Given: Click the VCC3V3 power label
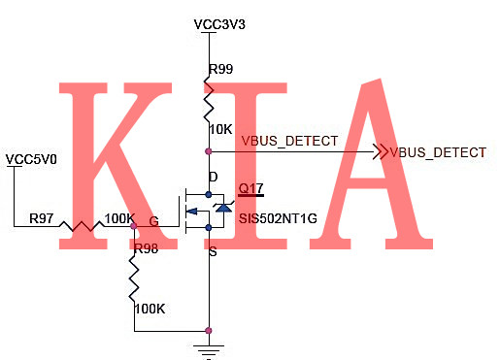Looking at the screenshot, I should pyautogui.click(x=220, y=23).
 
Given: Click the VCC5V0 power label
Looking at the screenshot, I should pyautogui.click(x=31, y=159).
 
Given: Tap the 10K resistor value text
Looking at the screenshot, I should pyautogui.click(x=220, y=129).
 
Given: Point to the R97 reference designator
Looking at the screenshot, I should pyautogui.click(x=42, y=218).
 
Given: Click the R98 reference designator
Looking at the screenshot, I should pyautogui.click(x=147, y=249).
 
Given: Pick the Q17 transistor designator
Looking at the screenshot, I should pyautogui.click(x=250, y=188).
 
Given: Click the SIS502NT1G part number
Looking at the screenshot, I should pyautogui.click(x=278, y=218).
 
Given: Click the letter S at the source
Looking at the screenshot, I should pyautogui.click(x=214, y=252).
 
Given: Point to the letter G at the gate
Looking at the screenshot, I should pyautogui.click(x=153, y=220).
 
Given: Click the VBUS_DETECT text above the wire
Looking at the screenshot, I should pyautogui.click(x=289, y=142).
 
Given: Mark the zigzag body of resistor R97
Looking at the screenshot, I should pyautogui.click(x=83, y=227).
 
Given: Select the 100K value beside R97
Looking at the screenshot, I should pyautogui.click(x=119, y=218).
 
